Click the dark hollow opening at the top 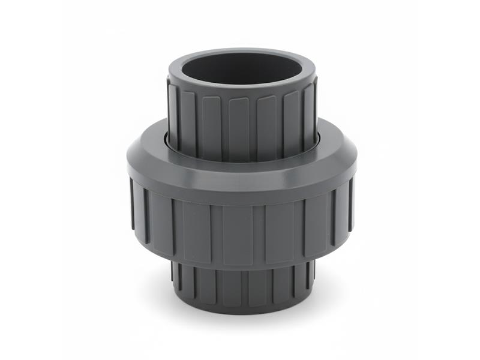click(x=242, y=67)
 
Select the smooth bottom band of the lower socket click(x=242, y=305)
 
